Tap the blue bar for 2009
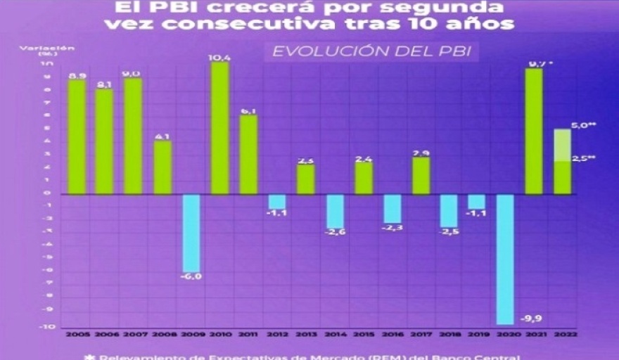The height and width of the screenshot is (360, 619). [191, 233]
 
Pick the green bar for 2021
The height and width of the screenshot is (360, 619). [534, 131]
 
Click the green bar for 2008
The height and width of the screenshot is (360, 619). [162, 167]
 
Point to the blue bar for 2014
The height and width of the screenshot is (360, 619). [335, 211]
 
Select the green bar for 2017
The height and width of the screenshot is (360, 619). [421, 176]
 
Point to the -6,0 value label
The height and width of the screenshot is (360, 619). [191, 277]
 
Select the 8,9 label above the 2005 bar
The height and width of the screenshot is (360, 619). [77, 75]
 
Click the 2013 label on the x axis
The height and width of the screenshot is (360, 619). [306, 335]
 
